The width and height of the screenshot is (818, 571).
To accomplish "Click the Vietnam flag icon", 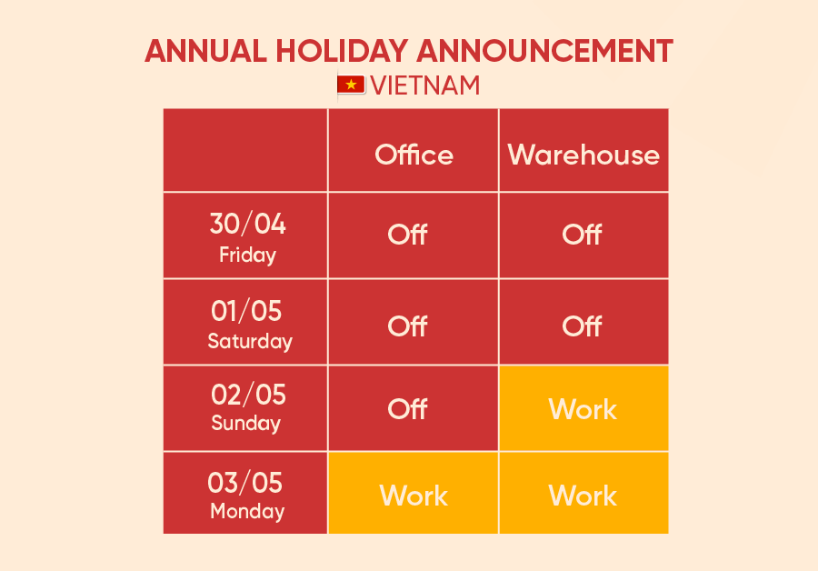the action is coord(351,85).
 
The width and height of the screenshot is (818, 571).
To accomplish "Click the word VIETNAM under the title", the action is coord(425,85).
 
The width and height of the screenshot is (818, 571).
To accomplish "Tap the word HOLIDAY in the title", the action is coord(342,51).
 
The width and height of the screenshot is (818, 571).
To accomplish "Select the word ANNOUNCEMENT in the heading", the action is coord(544,51).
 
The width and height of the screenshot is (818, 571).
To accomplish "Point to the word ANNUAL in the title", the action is coord(206,51).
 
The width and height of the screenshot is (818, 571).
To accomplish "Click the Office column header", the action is coord(414,155).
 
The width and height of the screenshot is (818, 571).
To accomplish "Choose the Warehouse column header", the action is coord(584,155).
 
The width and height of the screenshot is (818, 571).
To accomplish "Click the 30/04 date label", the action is coord(248,224).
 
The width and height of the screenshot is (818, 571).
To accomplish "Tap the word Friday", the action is coord(248,255).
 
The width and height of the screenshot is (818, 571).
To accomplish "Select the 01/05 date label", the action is coord(246,311).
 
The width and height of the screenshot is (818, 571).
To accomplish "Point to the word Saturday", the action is coord(250,341).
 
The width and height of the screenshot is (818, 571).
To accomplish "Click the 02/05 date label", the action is coord(248,394).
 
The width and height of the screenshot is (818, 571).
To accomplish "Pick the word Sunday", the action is coord(245,424).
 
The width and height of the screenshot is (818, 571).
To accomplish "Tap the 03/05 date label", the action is coord(245,482).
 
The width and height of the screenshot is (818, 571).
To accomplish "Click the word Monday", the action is coord(247,512).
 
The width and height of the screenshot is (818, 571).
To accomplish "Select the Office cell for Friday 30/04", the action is coord(414,235).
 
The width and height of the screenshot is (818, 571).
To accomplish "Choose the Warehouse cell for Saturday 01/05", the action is coord(584,322).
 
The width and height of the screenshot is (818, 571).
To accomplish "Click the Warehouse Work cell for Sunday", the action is coord(584,408).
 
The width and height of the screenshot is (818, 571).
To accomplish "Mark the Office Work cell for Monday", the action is coord(414,493).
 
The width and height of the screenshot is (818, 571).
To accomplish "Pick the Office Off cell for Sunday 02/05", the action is coord(414,408).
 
